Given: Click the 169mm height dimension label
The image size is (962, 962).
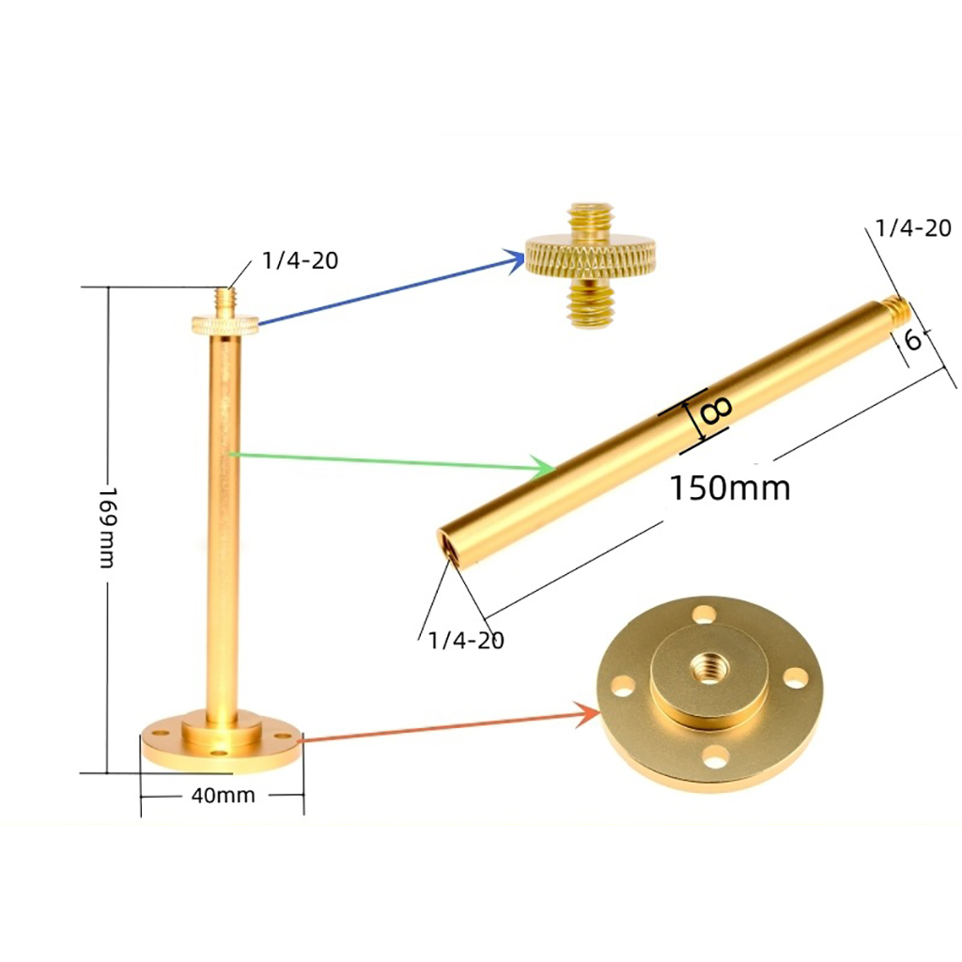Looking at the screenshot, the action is pyautogui.click(x=107, y=528).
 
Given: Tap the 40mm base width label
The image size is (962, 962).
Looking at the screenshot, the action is pyautogui.click(x=223, y=795).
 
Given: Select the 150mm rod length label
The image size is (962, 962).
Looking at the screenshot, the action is pyautogui.click(x=729, y=489).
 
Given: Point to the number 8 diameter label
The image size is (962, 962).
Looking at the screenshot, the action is pyautogui.click(x=716, y=411).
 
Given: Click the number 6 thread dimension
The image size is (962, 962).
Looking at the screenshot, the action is pyautogui.click(x=913, y=339).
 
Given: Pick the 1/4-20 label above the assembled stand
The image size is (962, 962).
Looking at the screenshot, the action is pyautogui.click(x=300, y=261).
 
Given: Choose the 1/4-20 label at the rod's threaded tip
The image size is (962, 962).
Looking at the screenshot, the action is pyautogui.click(x=913, y=228).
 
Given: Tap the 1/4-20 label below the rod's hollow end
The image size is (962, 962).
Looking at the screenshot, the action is pyautogui.click(x=466, y=641).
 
